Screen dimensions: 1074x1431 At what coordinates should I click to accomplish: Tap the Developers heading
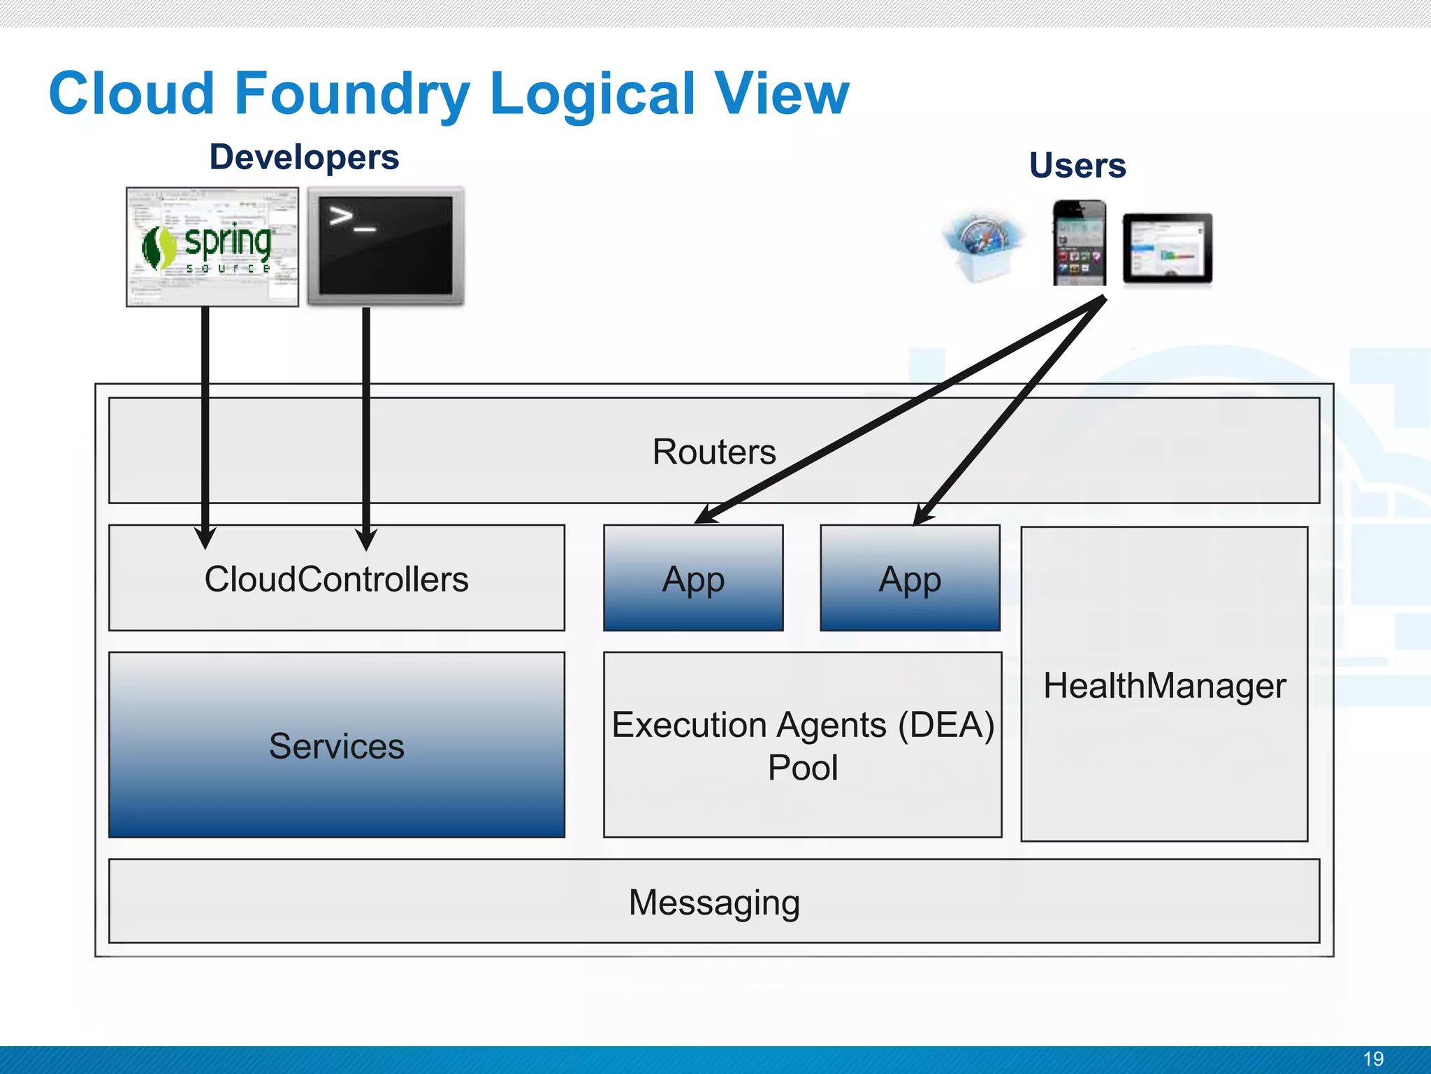point(304,157)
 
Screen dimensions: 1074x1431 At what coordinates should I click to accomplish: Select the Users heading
point(1077,166)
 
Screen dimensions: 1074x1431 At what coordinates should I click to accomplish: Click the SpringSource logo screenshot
point(212,247)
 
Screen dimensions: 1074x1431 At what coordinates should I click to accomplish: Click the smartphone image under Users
point(1080,243)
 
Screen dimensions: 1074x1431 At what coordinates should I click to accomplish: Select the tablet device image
point(1167,249)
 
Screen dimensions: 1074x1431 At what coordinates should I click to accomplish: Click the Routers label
point(714,452)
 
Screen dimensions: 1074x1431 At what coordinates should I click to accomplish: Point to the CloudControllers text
point(336,580)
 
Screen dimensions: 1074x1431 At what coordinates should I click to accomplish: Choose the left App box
point(693,579)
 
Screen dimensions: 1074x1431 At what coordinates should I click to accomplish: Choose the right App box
point(910,579)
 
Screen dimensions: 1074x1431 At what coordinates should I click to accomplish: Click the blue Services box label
point(336,746)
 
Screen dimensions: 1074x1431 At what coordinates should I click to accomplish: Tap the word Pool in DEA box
point(802,768)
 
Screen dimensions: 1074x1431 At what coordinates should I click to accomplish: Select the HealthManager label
point(1164,686)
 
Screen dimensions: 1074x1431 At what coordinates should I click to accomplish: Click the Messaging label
point(714,902)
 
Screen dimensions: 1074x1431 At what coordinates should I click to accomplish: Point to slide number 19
point(1373,1059)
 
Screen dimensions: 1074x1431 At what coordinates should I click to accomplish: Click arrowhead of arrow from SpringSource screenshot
point(205,539)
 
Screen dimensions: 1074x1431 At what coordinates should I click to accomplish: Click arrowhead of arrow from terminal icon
point(366,540)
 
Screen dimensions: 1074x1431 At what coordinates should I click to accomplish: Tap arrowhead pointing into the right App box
point(922,518)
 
